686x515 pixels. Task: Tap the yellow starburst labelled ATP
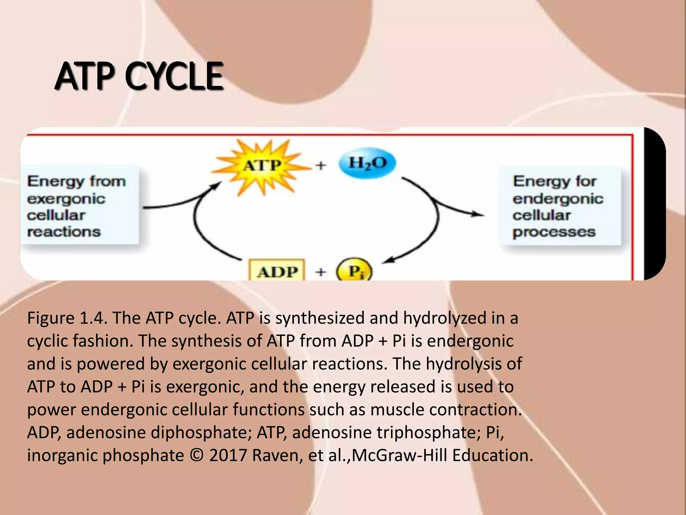262,166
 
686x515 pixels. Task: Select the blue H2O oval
367,163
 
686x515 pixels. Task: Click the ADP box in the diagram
277,271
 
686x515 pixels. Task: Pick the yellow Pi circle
354,271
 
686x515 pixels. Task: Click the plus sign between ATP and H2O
321,165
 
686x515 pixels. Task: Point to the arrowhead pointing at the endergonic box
478,214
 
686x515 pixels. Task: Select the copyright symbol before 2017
197,455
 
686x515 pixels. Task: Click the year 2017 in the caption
228,455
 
